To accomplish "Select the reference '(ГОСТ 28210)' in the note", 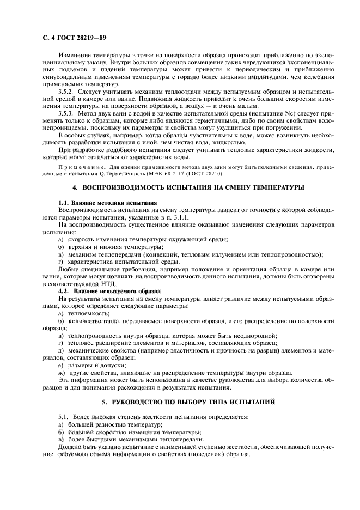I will tap(202, 173).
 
